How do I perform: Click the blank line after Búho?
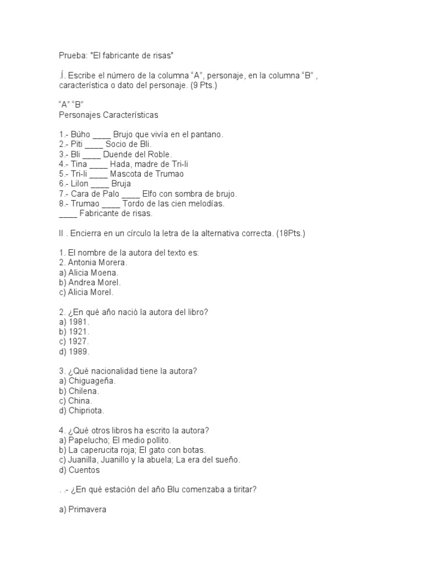click(x=102, y=134)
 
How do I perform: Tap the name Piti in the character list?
click(x=77, y=144)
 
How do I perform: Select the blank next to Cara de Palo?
click(x=130, y=194)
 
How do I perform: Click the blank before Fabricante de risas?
click(x=67, y=214)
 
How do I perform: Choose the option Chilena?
click(x=84, y=391)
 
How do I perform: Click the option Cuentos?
click(x=84, y=470)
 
